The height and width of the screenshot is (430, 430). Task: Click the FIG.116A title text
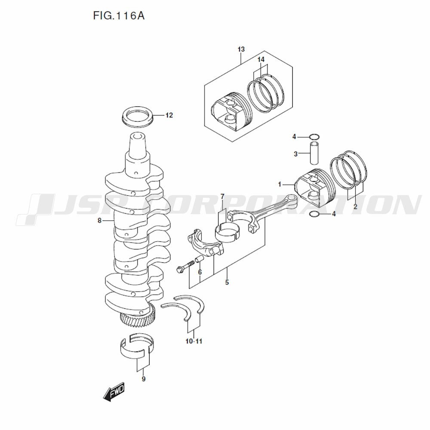click(119, 16)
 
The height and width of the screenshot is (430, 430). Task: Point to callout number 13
click(241, 49)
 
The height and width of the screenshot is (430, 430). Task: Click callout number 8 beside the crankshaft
click(100, 221)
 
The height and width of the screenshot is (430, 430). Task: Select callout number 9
click(144, 379)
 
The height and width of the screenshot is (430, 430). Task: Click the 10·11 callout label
click(194, 341)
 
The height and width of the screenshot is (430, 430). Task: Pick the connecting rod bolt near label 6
click(182, 268)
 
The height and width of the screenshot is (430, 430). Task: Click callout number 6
click(200, 272)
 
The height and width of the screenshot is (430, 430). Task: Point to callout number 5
click(227, 283)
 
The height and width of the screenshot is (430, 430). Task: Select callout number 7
click(222, 197)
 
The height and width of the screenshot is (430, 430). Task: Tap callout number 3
click(295, 154)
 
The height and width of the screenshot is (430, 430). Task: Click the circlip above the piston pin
click(314, 137)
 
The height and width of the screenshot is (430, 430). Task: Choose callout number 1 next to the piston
click(279, 184)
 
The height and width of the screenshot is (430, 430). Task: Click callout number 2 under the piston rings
click(355, 207)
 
